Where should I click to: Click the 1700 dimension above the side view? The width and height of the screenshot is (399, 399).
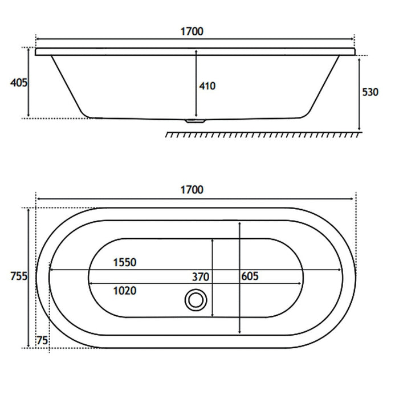pyautogui.click(x=192, y=31)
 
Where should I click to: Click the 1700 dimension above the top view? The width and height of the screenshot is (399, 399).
pyautogui.click(x=192, y=190)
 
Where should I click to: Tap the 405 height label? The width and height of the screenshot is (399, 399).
pyautogui.click(x=19, y=83)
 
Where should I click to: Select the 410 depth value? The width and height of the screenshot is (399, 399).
pyautogui.click(x=207, y=86)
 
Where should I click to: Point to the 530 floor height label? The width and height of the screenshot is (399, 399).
pyautogui.click(x=370, y=92)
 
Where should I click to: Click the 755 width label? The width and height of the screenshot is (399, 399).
pyautogui.click(x=19, y=276)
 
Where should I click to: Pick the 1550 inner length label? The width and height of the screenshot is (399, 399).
pyautogui.click(x=125, y=262)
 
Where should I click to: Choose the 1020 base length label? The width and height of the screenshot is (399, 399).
pyautogui.click(x=125, y=291)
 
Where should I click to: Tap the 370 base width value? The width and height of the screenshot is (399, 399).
pyautogui.click(x=201, y=277)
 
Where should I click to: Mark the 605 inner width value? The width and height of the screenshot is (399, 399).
pyautogui.click(x=250, y=276)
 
